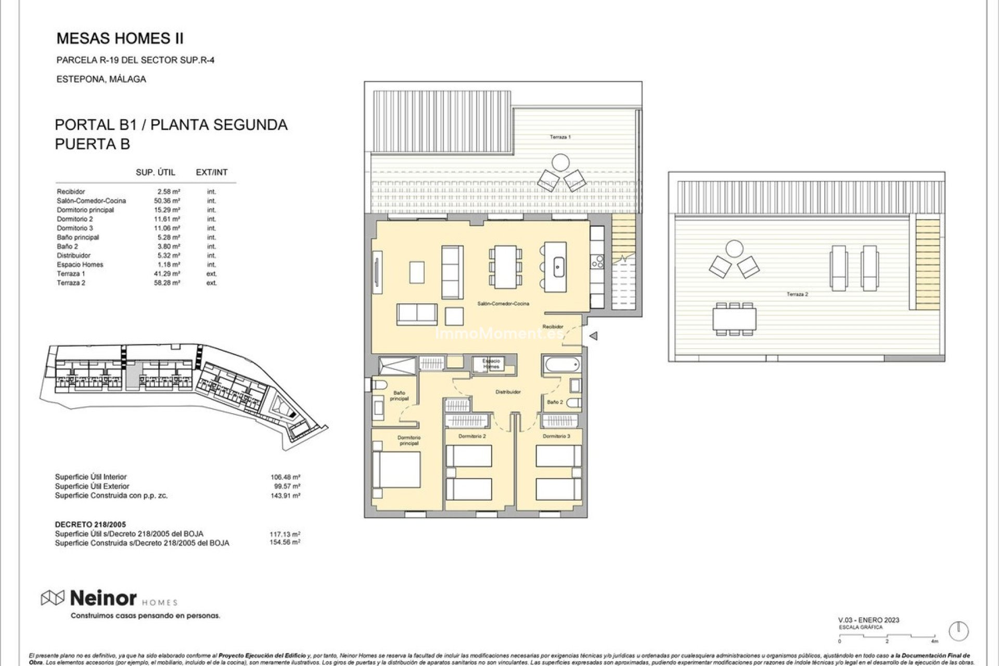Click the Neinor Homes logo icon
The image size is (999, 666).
click(x=53, y=598)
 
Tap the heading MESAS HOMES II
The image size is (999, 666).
click(x=120, y=39)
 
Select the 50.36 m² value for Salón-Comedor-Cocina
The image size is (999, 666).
click(x=169, y=201)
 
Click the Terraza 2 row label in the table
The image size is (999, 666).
click(x=71, y=283)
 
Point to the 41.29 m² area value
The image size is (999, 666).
click(x=169, y=274)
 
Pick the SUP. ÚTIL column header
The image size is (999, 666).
click(x=156, y=172)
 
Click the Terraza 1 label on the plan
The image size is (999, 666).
click(x=560, y=137)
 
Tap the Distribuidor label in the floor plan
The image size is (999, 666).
click(x=507, y=392)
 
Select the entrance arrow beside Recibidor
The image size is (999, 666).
click(x=593, y=336)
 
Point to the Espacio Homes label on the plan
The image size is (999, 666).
click(x=491, y=364)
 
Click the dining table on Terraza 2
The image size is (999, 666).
click(x=735, y=319)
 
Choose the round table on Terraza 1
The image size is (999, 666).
click(x=560, y=162)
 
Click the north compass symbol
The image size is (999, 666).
click(x=958, y=631)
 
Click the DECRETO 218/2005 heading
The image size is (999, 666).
click(x=91, y=524)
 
